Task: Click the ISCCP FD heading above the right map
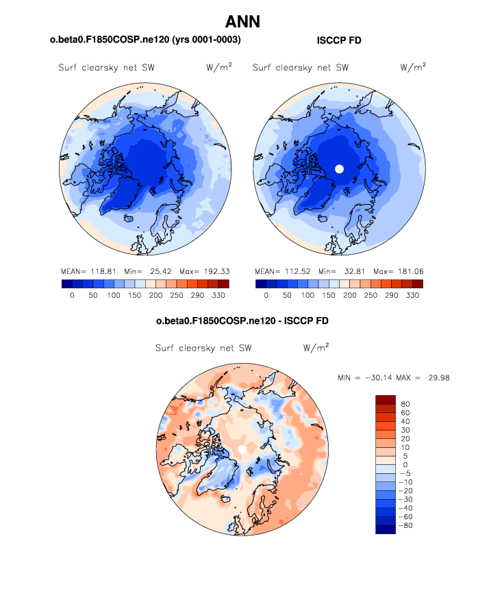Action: tap(339, 41)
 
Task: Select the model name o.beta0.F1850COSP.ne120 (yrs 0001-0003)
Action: tap(145, 41)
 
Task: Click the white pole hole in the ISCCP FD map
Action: tap(338, 168)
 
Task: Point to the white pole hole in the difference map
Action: tap(242, 448)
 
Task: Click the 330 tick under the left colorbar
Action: tap(220, 295)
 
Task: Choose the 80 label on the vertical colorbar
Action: tap(405, 405)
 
